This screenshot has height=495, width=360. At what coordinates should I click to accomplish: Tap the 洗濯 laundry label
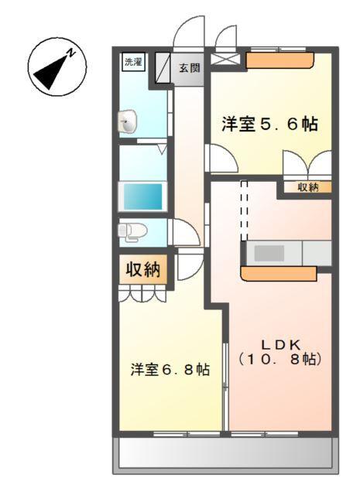132,63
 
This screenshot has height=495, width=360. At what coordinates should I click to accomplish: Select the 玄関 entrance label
190,68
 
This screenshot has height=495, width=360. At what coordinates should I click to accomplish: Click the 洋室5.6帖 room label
269,125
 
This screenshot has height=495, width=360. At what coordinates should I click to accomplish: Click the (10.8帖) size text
279,359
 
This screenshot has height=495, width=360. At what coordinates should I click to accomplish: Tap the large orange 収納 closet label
142,270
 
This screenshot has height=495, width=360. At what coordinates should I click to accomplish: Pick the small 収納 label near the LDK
308,187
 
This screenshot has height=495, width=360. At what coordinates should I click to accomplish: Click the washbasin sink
128,121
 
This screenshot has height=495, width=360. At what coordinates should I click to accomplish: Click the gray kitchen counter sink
270,253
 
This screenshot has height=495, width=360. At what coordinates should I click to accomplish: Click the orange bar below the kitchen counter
279,273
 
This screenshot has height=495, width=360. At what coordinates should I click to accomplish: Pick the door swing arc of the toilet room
184,234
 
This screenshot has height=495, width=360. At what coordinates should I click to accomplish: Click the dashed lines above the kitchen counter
244,210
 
